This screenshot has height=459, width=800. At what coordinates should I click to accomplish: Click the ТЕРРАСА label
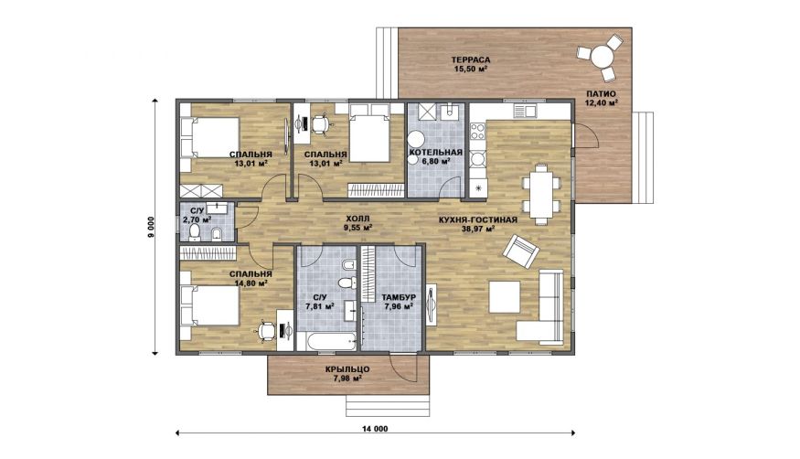[471, 59]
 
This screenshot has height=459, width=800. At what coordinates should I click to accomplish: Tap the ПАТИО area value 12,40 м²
[601, 102]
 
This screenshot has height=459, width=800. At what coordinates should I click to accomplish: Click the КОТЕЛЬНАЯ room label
[436, 152]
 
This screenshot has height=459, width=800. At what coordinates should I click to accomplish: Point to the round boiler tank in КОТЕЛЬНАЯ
[416, 140]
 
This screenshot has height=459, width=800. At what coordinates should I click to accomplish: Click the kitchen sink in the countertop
[525, 110]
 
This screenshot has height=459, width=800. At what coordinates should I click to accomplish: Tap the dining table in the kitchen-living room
[540, 195]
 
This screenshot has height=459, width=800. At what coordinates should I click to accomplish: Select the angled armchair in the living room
[521, 252]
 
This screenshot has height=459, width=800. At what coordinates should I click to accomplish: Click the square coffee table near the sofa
[505, 297]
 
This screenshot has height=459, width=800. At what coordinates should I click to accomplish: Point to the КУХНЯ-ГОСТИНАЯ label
[477, 220]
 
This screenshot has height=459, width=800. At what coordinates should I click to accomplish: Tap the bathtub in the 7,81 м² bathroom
[327, 341]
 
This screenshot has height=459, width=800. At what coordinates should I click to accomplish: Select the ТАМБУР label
[399, 297]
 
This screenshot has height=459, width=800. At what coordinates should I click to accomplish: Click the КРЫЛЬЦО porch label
[347, 369]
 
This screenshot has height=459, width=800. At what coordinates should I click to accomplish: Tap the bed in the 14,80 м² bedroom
[210, 305]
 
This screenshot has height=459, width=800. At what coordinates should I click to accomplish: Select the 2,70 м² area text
[197, 219]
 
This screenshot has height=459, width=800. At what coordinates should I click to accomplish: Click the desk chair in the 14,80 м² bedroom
[265, 331]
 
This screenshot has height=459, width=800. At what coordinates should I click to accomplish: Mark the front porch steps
[388, 405]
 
